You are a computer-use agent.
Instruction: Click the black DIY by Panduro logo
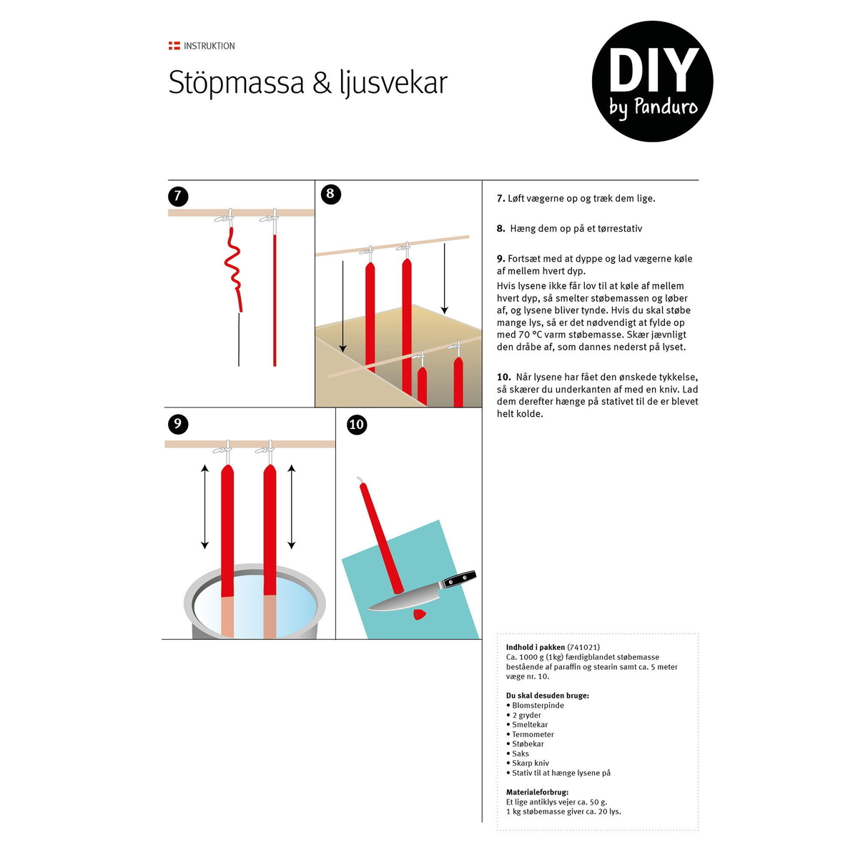(652, 82)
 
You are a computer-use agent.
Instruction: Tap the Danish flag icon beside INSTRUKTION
(174, 46)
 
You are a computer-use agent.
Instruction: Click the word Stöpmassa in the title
(236, 83)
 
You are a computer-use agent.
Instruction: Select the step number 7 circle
(178, 196)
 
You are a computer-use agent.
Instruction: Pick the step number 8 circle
(330, 194)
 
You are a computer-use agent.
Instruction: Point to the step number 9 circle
(178, 423)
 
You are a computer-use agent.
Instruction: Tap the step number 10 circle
(357, 424)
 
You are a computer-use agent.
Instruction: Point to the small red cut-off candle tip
(420, 614)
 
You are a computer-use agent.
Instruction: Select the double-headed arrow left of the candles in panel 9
(204, 506)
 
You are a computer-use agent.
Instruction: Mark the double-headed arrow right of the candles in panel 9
(292, 506)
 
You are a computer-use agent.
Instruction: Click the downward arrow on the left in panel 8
(342, 307)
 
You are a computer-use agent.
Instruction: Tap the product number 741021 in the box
(583, 647)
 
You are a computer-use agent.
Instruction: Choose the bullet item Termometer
(530, 734)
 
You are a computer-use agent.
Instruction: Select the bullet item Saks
(518, 754)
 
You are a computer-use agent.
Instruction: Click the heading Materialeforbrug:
(538, 792)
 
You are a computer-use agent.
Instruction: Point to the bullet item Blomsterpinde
(535, 705)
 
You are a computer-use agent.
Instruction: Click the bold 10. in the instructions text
(504, 377)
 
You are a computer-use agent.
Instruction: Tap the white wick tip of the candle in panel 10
(360, 480)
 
